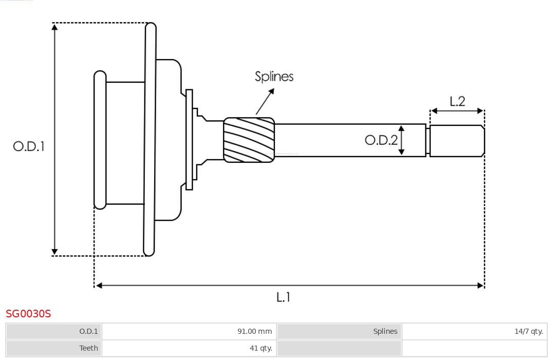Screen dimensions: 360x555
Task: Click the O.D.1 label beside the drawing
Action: pyautogui.click(x=29, y=146)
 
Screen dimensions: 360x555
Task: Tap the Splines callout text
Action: pyautogui.click(x=274, y=77)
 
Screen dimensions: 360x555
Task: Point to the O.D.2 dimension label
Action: pyautogui.click(x=381, y=140)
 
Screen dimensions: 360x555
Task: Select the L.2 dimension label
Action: pyautogui.click(x=457, y=101)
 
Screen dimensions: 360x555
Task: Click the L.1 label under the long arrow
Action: pyautogui.click(x=283, y=297)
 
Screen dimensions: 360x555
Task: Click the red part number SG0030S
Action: pyautogui.click(x=28, y=313)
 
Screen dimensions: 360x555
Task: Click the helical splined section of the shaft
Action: pyautogui.click(x=249, y=140)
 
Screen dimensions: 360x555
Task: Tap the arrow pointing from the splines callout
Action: pyautogui.click(x=265, y=101)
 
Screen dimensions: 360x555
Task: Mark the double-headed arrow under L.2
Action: pyautogui.click(x=457, y=110)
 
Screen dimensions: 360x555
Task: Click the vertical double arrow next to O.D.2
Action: pyautogui.click(x=401, y=140)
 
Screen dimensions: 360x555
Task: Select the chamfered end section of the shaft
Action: pyautogui.click(x=457, y=141)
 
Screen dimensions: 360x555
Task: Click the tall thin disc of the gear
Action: pyautogui.click(x=150, y=139)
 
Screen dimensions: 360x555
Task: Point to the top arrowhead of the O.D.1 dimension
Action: pyautogui.click(x=54, y=26)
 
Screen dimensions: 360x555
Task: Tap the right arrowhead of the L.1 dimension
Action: pyautogui.click(x=481, y=285)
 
